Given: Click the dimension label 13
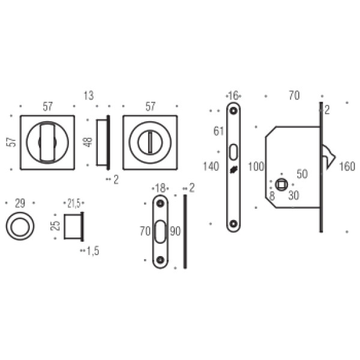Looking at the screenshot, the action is [89, 95].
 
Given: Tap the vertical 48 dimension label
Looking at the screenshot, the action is [88, 142].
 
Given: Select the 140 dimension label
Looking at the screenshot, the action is [211, 166].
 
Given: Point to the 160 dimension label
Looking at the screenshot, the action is [347, 166].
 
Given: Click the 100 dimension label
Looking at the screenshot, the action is [256, 166].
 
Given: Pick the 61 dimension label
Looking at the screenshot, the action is [218, 131].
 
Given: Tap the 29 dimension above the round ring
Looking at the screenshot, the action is [20, 203].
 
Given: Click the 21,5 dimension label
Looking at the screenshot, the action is [74, 203].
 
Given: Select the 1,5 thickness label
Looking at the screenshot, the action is [93, 251].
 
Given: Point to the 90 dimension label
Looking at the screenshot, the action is [175, 231].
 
